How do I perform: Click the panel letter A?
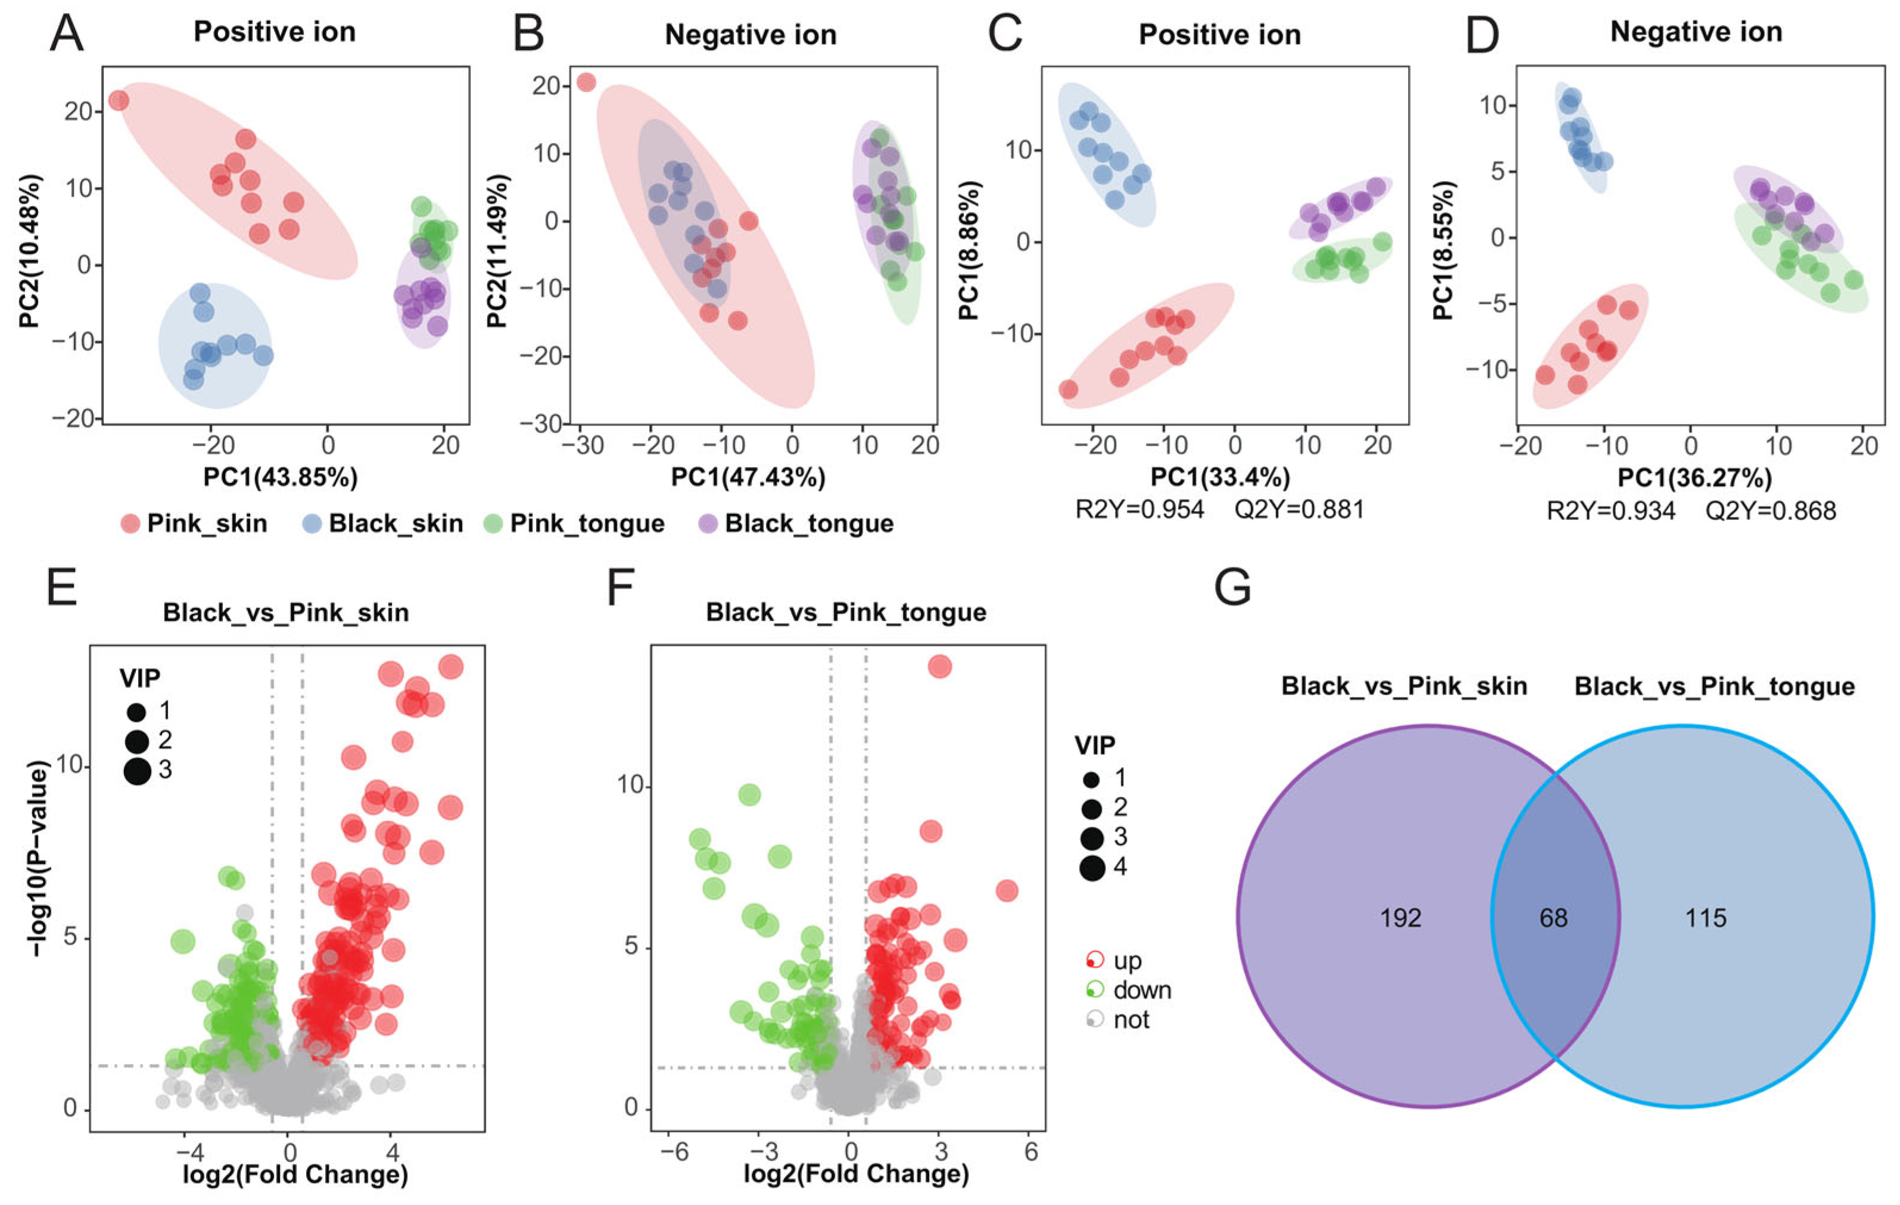66,35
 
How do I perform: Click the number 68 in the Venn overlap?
1553,918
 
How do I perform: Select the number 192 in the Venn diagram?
1400,918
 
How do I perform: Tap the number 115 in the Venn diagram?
1705,918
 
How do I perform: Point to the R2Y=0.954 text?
1139,510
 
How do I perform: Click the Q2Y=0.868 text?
1771,511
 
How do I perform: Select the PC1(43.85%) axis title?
280,477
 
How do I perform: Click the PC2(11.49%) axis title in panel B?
497,251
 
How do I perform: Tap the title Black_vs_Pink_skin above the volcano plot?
286,612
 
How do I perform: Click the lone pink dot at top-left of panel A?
119,100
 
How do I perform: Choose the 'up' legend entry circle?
1094,960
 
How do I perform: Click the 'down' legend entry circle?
1094,989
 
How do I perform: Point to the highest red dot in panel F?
939,667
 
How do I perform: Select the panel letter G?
1232,588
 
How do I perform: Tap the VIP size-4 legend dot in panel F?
1092,868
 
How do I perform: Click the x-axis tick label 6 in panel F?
1030,1151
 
